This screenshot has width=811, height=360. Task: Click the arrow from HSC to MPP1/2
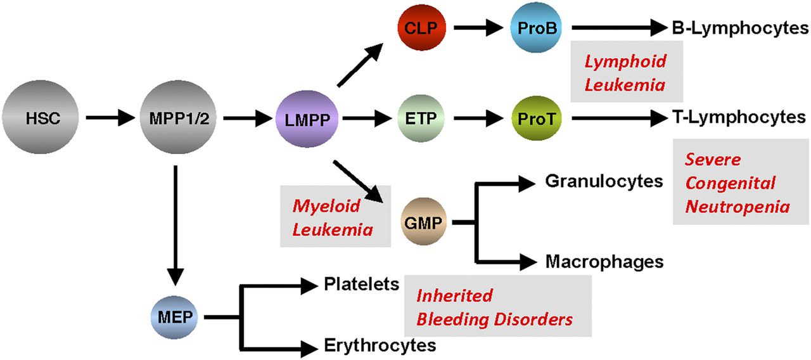[x=108, y=118]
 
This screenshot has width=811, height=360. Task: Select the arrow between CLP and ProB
[x=477, y=28]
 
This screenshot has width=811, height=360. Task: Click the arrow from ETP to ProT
[x=477, y=118]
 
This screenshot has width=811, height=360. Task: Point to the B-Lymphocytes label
[x=740, y=28]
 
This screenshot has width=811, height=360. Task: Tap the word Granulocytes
[x=604, y=182]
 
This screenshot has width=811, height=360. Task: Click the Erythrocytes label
[x=380, y=345]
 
